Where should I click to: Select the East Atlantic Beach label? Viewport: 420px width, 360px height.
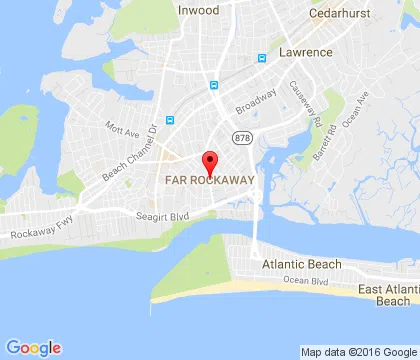[x=384, y=295]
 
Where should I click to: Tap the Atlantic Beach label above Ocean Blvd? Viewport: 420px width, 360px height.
[x=301, y=264]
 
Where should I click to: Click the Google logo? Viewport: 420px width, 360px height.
[x=33, y=347]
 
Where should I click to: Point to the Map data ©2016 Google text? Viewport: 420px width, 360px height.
[x=358, y=351]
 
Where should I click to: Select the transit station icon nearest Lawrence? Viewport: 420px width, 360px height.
[x=263, y=58]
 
